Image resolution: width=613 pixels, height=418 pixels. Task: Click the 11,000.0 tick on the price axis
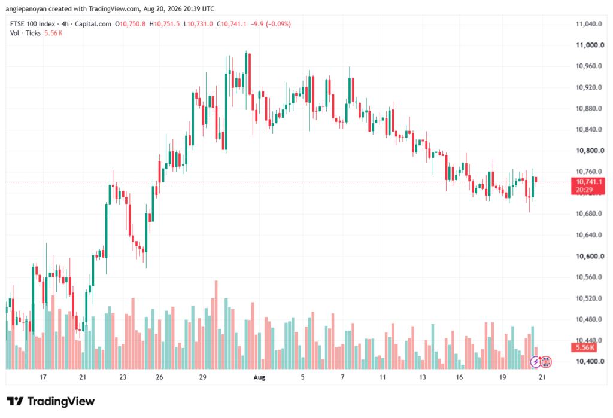(x=590, y=45)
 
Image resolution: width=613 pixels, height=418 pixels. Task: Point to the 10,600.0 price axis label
(x=590, y=257)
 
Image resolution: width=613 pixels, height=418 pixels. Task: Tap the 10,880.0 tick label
(x=589, y=108)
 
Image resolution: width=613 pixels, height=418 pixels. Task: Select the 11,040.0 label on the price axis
(x=589, y=24)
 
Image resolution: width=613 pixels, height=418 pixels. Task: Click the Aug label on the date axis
(x=259, y=377)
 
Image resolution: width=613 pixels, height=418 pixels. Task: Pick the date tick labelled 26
(x=159, y=377)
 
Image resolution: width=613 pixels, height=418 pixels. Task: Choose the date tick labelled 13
(x=422, y=377)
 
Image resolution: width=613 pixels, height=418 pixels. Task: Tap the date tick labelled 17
(x=43, y=377)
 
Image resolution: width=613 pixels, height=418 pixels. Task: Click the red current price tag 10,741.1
(x=588, y=185)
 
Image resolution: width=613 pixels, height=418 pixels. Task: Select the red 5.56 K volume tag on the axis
(x=585, y=347)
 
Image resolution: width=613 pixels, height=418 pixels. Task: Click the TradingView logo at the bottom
(x=51, y=401)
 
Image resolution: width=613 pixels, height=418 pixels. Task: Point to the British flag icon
(x=546, y=362)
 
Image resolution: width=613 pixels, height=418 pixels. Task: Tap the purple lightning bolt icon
(x=535, y=362)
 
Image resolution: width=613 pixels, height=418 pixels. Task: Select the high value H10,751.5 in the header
(x=165, y=24)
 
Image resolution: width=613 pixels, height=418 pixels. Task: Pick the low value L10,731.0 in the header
(x=198, y=24)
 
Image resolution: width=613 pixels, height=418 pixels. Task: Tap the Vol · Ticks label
(x=25, y=33)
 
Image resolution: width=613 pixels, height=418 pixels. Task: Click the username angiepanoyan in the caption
(x=26, y=8)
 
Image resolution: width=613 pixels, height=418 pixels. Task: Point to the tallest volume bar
(x=216, y=325)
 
